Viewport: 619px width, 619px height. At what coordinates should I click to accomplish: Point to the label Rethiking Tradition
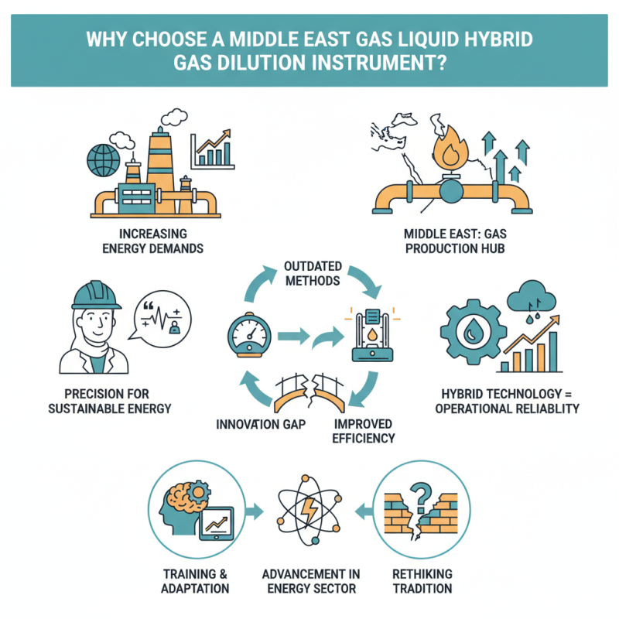(422, 581)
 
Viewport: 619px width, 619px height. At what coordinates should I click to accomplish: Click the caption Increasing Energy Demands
(154, 240)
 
